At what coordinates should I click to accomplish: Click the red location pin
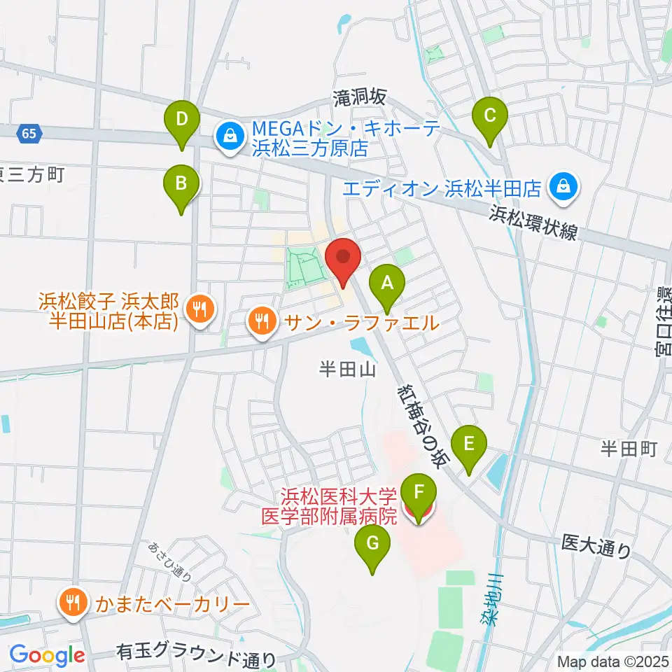click(x=343, y=260)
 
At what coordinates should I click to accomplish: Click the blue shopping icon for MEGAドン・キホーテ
click(x=229, y=137)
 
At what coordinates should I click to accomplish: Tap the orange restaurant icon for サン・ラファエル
click(x=262, y=322)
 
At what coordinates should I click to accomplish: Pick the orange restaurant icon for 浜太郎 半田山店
click(x=199, y=308)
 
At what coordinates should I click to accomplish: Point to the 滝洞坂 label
click(x=360, y=99)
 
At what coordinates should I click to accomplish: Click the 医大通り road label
click(x=595, y=546)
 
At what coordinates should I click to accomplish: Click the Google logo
click(x=47, y=655)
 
